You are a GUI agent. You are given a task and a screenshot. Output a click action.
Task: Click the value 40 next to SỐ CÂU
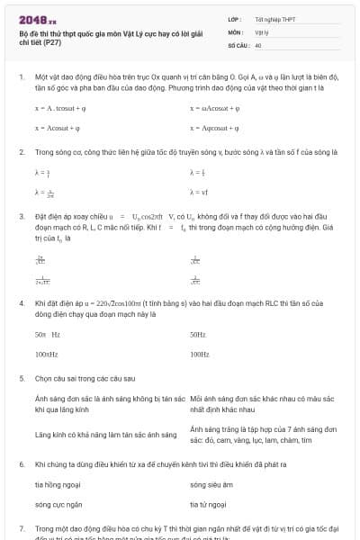[258, 44]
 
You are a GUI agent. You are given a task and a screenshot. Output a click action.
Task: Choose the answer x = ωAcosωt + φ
[214, 107]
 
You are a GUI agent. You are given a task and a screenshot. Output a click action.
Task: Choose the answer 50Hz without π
[199, 334]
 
